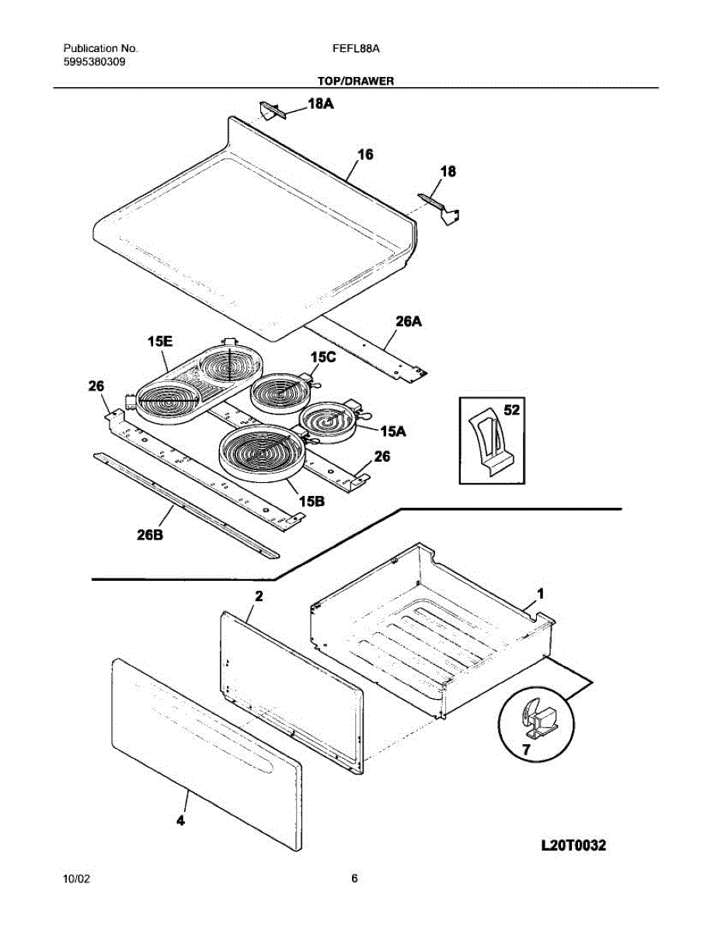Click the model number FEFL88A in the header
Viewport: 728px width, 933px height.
[x=355, y=48]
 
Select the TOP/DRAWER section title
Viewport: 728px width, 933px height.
[x=356, y=80]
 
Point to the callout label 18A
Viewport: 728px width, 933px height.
[x=321, y=103]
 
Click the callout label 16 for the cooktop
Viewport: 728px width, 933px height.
[x=365, y=155]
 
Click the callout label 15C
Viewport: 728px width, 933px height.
[x=324, y=357]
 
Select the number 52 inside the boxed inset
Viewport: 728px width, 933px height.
[x=511, y=410]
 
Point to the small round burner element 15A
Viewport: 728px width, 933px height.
[x=328, y=422]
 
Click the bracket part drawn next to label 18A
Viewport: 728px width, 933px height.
[x=272, y=111]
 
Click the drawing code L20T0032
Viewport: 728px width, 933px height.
[x=573, y=845]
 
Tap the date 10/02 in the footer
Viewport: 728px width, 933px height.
[x=76, y=879]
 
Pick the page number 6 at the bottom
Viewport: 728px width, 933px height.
[x=354, y=879]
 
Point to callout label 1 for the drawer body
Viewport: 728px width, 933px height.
[x=541, y=592]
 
